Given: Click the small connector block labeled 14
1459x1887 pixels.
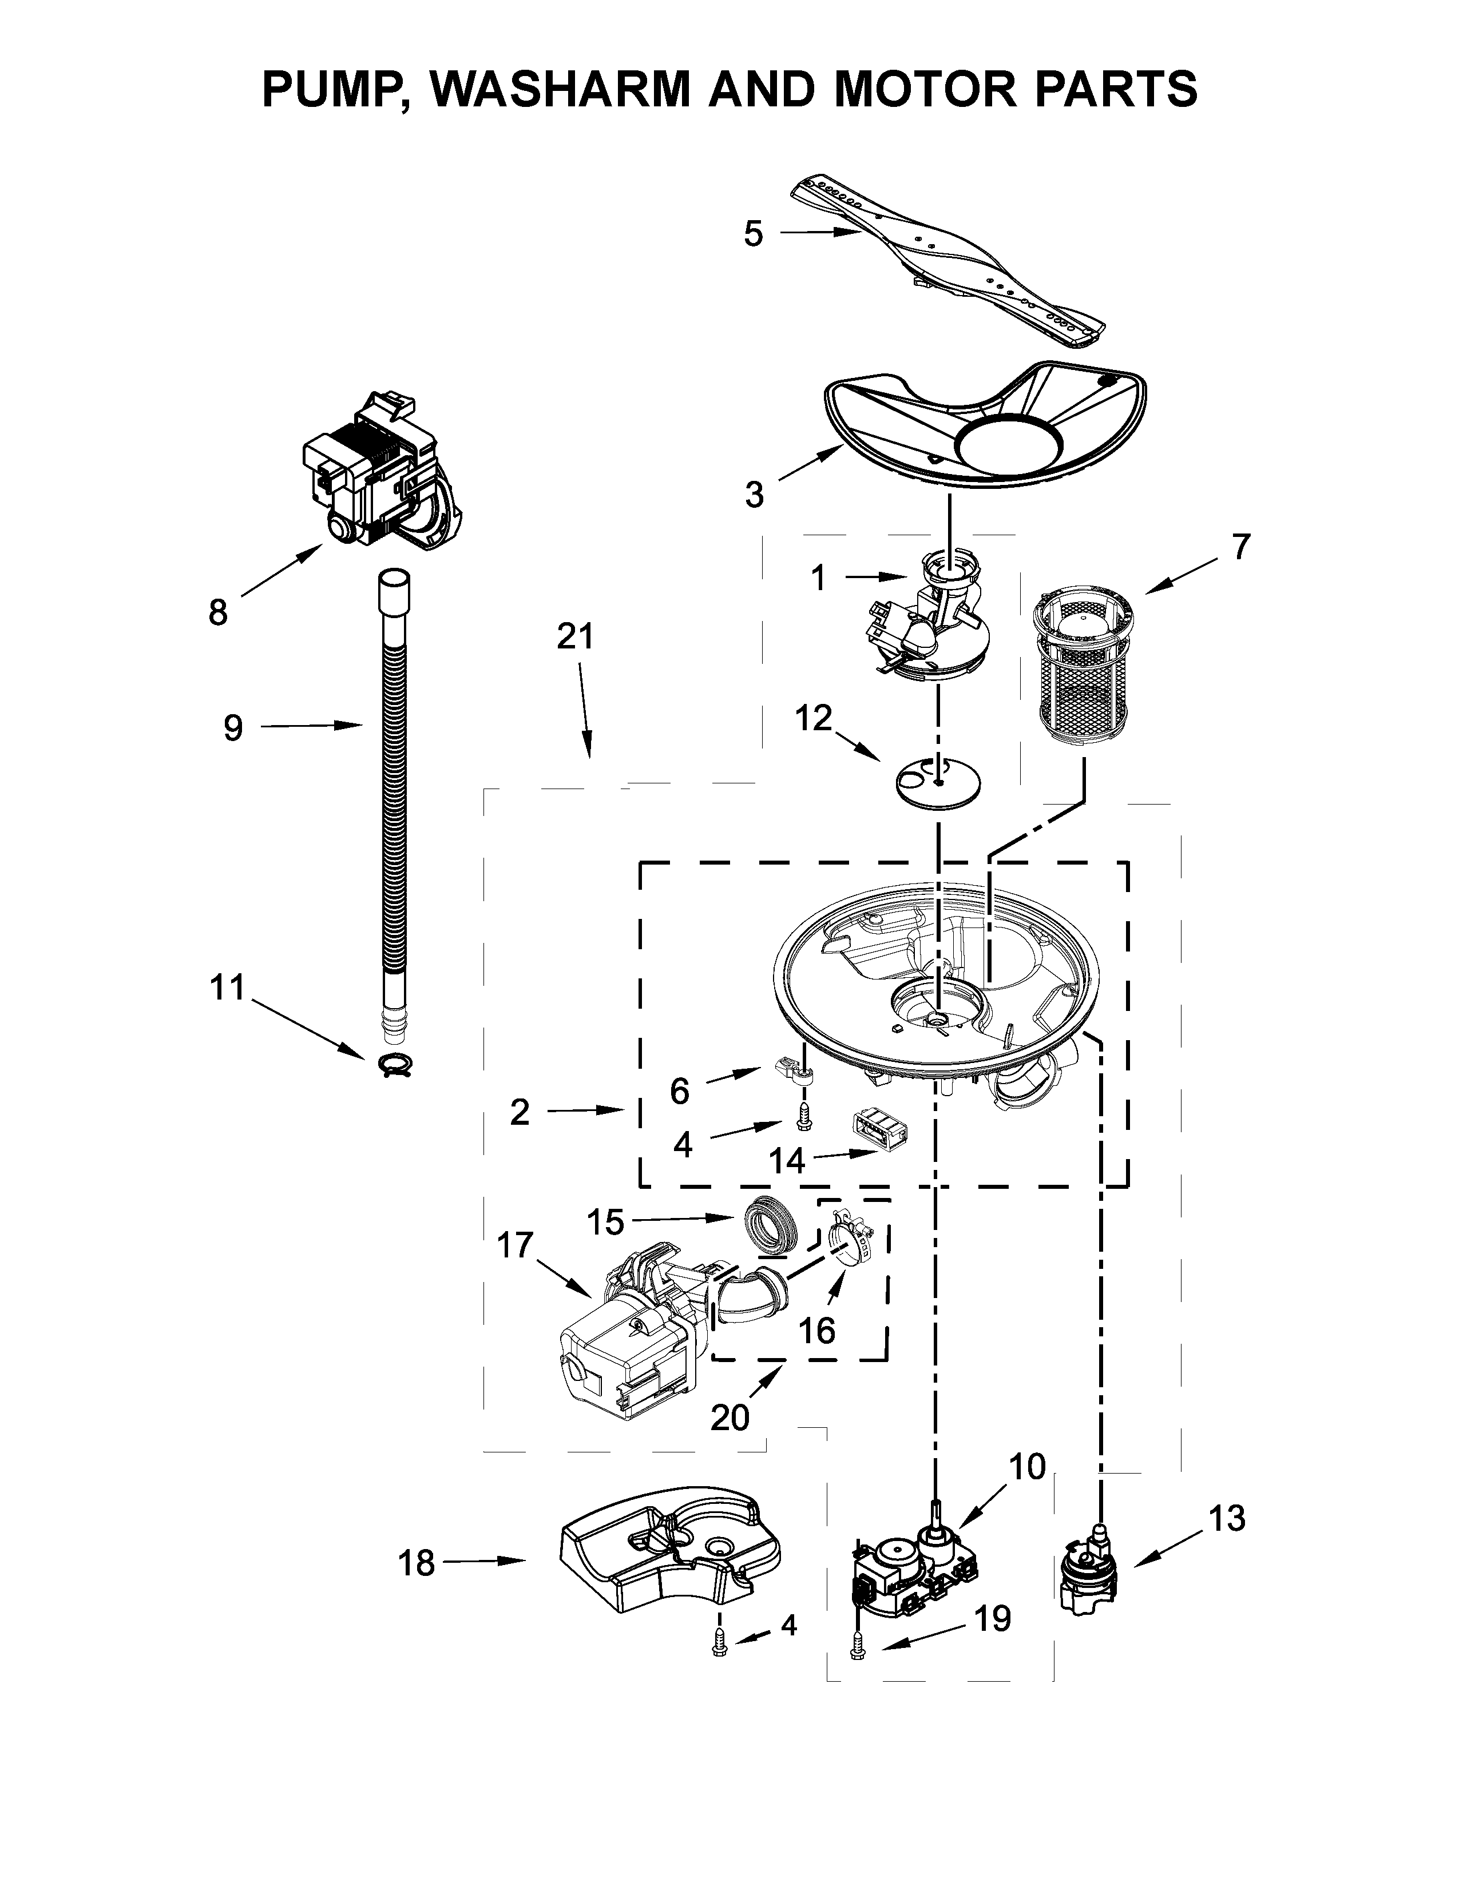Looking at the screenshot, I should click(x=878, y=1128).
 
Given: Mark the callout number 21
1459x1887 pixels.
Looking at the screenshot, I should click(x=576, y=637).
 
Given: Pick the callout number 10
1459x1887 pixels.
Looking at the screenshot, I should click(x=1027, y=1466).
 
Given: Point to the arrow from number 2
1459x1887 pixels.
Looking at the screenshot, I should click(x=587, y=1110).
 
